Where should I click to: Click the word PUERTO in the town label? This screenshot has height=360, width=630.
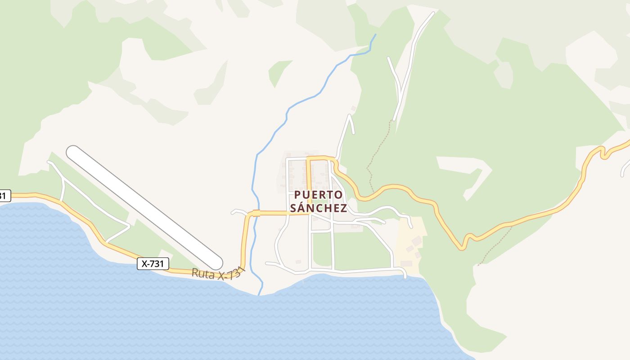318,195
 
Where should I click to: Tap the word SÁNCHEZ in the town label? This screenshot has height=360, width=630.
318,208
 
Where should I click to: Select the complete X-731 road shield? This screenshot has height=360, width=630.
153,264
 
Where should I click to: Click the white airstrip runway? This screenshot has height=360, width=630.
144,207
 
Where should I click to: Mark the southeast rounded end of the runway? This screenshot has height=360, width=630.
216,263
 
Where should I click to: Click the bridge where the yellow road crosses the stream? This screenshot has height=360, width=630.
256,213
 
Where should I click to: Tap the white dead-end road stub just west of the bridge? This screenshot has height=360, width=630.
238,211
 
